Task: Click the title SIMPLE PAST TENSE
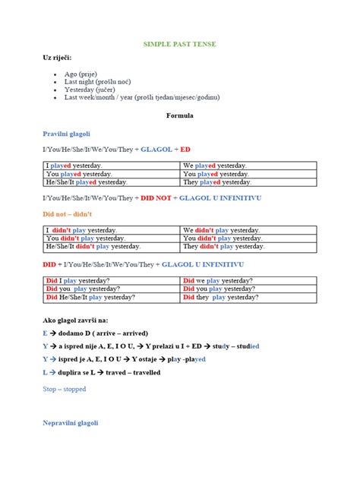point(180,45)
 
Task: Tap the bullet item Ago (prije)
point(81,74)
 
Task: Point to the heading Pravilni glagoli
point(67,133)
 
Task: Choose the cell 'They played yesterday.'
point(216,182)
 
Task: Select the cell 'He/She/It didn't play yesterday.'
point(93,247)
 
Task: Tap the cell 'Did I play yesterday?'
point(79,281)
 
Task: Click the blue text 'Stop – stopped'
point(65,389)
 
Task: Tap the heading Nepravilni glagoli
point(71,422)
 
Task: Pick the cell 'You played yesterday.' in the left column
point(79,174)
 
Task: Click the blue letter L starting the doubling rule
point(46,373)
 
